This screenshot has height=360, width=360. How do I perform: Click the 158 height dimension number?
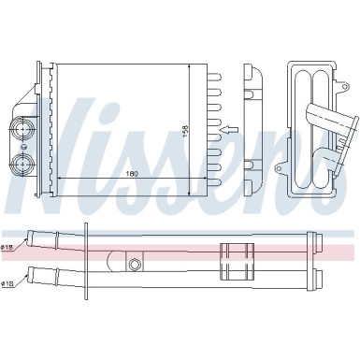(x=185, y=131)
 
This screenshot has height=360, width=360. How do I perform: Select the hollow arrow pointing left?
(x=229, y=129)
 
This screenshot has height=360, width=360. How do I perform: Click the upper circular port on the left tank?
(x=22, y=128)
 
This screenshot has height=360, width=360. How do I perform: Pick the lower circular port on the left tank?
(x=22, y=163)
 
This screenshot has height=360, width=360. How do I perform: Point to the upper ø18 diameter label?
(x=7, y=247)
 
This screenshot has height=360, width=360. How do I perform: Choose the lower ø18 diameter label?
(x=7, y=283)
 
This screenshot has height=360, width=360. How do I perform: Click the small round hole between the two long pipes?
(x=135, y=264)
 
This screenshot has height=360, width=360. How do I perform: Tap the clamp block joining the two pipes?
(x=237, y=262)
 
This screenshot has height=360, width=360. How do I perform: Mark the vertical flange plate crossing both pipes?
(x=86, y=261)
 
